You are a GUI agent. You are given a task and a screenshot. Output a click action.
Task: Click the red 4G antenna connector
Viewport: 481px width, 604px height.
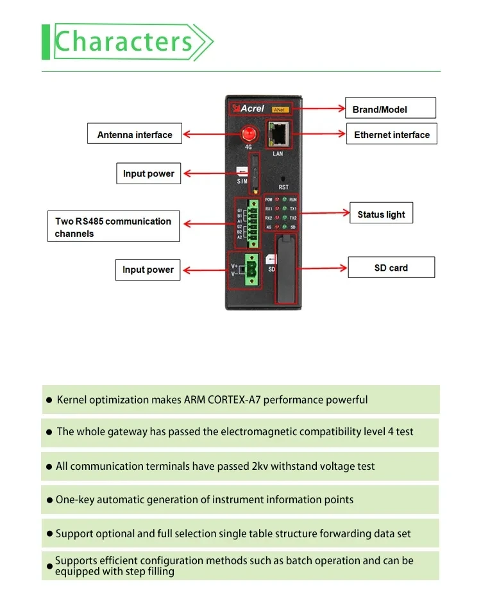[248, 134]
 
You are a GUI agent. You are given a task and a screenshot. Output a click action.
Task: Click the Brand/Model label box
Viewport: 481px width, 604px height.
[390, 108]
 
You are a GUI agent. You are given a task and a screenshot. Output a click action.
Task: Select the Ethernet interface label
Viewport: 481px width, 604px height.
[391, 135]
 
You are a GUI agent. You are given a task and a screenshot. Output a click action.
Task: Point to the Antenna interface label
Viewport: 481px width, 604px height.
[135, 135]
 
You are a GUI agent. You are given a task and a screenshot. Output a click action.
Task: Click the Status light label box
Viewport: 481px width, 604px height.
[381, 214]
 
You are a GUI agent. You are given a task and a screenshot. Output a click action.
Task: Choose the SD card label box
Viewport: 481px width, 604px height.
[391, 268]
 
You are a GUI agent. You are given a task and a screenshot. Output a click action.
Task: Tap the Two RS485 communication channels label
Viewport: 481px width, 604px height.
[113, 227]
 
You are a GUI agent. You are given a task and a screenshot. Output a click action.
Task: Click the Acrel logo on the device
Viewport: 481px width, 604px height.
[249, 108]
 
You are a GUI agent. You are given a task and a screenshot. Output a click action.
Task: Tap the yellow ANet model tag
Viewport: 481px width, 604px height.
[280, 110]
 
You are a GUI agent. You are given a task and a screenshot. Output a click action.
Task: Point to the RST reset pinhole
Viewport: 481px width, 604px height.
[283, 179]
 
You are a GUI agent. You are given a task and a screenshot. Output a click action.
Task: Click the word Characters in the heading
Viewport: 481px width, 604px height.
[124, 42]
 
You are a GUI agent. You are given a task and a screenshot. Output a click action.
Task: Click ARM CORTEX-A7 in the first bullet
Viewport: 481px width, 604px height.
[223, 400]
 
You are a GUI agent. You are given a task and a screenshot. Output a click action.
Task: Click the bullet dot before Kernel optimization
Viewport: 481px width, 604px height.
[49, 401]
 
